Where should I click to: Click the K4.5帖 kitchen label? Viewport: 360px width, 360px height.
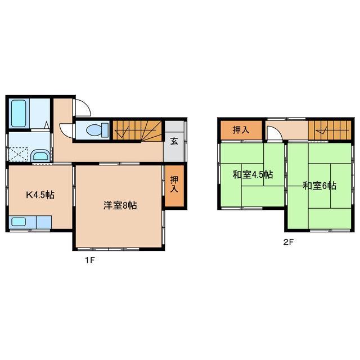(x=39, y=195)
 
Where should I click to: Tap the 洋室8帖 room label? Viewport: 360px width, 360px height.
(x=119, y=206)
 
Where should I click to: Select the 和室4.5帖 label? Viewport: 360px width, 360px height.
(x=253, y=174)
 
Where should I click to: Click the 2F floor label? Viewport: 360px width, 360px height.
(x=289, y=244)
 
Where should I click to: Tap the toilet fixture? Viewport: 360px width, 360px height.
(x=93, y=130)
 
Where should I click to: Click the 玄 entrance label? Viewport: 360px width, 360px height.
(x=175, y=141)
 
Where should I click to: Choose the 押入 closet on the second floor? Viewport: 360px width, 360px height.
(x=241, y=130)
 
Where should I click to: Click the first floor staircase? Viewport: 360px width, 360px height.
(x=138, y=130)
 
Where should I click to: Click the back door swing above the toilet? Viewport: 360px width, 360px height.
(x=81, y=107)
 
